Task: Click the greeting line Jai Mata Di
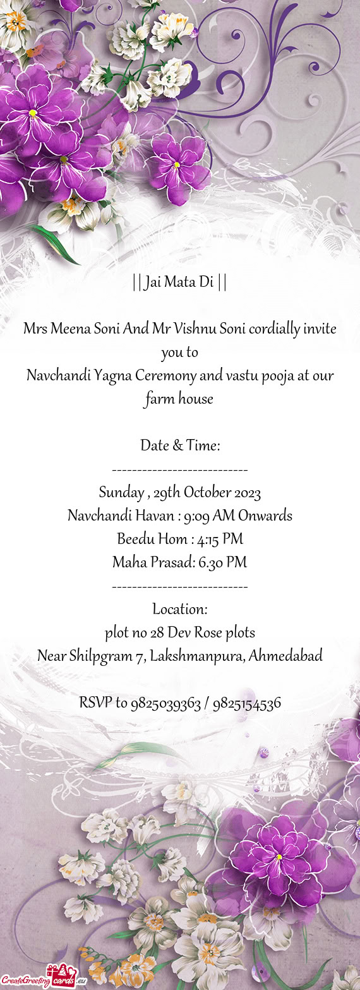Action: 180,282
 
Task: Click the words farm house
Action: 179,399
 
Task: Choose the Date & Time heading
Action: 180,446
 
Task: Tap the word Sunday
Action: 119,493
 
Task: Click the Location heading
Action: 180,610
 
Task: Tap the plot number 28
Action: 158,632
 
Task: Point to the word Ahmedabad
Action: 285,656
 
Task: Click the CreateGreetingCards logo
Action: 43,979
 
